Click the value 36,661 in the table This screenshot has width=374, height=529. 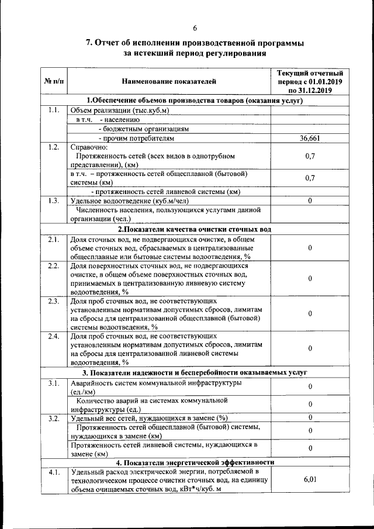pos(310,139)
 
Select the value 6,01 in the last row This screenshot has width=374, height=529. pos(310,479)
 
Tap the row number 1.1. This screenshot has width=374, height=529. pos(54,110)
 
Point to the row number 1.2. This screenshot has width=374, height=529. pos(54,147)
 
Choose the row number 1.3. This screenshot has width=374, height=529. pos(54,200)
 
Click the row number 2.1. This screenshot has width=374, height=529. pos(54,239)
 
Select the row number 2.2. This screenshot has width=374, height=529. pos(54,266)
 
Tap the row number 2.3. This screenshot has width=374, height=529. pos(54,302)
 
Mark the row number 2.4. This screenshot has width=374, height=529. pos(54,337)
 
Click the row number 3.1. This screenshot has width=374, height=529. pos(54,383)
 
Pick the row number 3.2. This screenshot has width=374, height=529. pos(54,418)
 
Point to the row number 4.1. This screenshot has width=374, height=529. pos(54,471)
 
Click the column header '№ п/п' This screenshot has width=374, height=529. pos(54,81)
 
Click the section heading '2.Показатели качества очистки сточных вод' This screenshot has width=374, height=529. pos(194,229)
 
